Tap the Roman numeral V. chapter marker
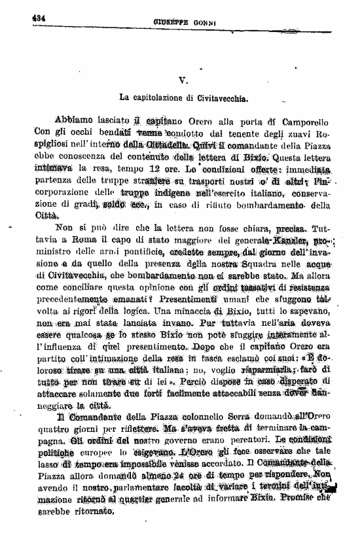coord(184,79)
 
